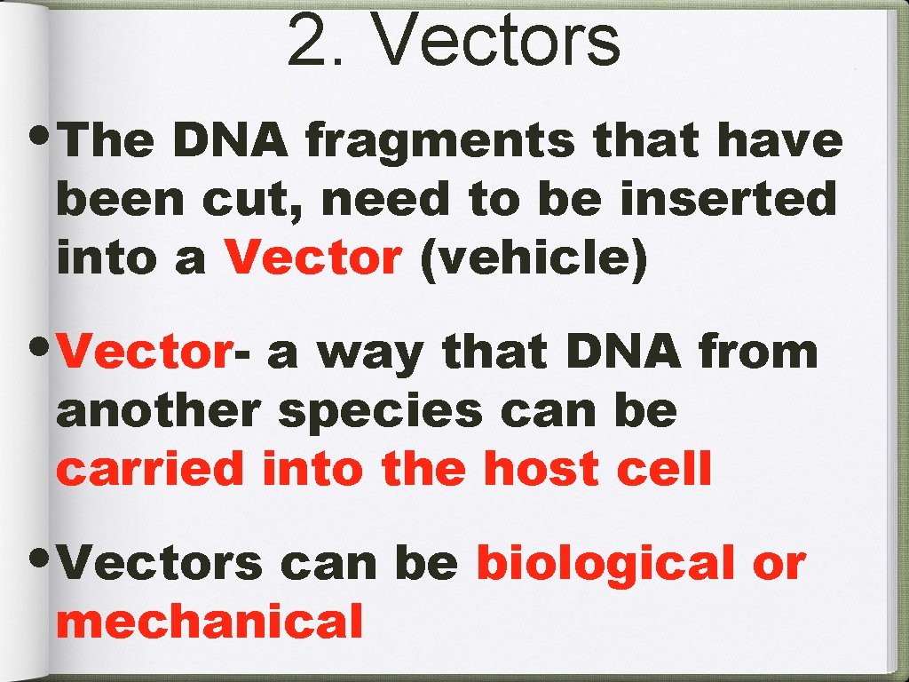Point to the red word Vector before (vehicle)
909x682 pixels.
click(x=313, y=258)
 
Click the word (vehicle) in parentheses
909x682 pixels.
click(x=534, y=258)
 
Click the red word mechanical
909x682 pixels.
click(x=209, y=622)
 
